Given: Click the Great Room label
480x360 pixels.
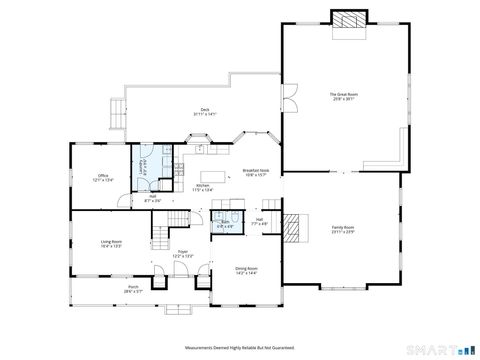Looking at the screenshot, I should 343,97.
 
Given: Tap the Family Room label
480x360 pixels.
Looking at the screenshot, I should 343,229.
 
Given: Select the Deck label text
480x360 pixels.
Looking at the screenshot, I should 204,112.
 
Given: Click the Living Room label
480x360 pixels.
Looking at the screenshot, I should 110,243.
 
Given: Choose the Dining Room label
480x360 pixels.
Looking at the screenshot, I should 246,270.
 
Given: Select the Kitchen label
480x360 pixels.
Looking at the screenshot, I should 202,187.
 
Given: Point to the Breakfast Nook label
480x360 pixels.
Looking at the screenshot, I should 256,173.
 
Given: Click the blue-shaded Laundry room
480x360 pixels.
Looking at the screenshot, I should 149,162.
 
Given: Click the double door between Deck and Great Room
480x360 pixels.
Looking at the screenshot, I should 290,100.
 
